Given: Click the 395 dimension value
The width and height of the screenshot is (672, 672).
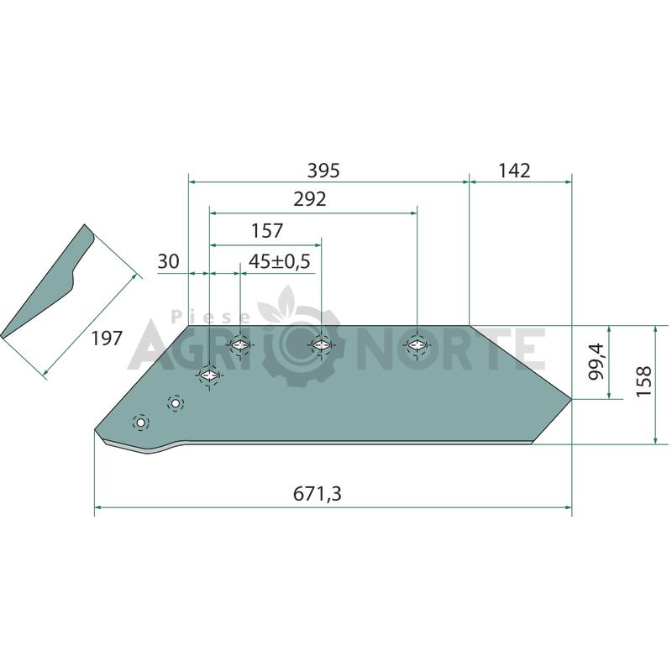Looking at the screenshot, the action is pos(323,171).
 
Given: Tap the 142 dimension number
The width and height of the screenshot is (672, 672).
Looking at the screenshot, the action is pos(514,171).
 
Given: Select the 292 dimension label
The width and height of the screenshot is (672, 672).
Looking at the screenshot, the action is pos(310,199).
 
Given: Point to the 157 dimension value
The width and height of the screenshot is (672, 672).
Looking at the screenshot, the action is pos(267,230).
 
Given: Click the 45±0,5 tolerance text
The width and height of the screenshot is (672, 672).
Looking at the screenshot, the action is pos(280,261).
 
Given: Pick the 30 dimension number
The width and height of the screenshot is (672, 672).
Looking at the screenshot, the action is pos(169,261).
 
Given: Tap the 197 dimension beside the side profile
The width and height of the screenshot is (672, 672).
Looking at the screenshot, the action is pos(108,339).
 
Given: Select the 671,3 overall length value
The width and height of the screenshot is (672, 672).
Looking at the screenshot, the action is pos(318,494).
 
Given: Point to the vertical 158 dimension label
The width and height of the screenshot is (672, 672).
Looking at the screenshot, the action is pos(644,381).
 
